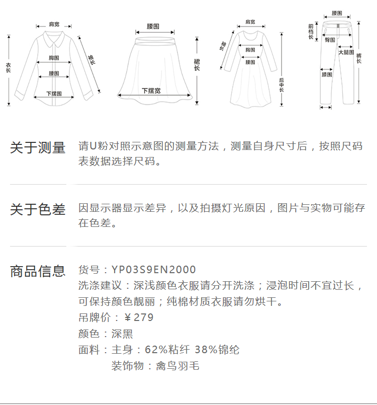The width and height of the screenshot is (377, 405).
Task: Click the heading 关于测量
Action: tap(38, 148)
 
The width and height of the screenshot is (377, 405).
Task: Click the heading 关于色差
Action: tap(38, 209)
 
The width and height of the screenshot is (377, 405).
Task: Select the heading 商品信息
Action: tap(38, 271)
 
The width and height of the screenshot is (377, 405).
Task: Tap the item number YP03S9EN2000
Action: tap(153, 270)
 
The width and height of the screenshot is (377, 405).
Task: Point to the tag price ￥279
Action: tap(138, 317)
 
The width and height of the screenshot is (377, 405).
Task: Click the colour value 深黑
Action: tap(122, 334)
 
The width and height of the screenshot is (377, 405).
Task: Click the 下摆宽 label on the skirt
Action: tap(151, 91)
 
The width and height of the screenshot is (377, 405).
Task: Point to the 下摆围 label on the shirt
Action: tap(54, 94)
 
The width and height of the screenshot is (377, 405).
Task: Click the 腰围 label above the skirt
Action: tap(153, 25)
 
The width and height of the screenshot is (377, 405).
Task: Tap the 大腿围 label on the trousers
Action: tap(346, 52)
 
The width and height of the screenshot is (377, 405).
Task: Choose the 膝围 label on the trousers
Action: tap(327, 74)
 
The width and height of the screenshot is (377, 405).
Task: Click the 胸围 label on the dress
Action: tap(250, 50)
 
